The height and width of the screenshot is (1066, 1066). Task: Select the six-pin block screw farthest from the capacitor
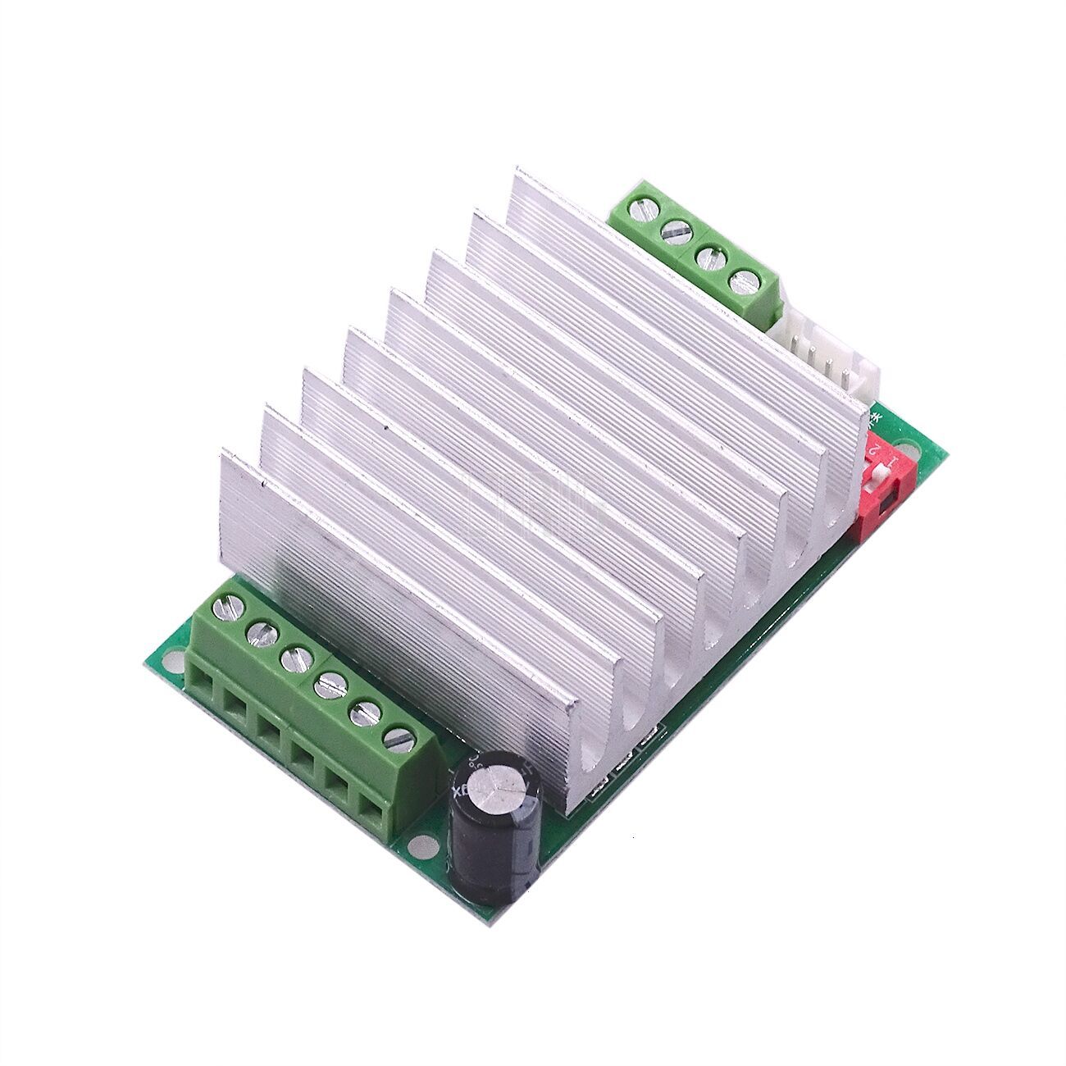point(222,608)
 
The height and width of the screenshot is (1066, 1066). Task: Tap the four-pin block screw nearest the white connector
point(744,282)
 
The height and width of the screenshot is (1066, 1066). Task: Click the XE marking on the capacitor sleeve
point(459,792)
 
